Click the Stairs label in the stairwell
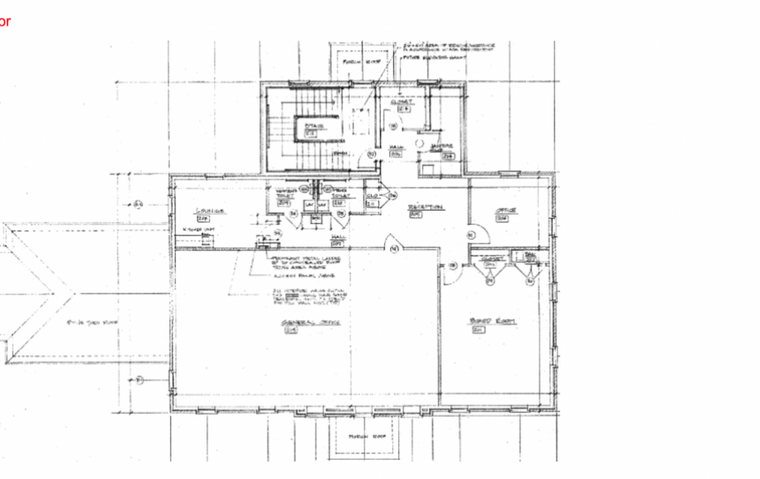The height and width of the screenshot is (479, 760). coord(311,126)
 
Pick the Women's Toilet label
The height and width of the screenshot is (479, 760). coord(285,195)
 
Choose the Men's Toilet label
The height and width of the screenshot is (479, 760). coord(340,195)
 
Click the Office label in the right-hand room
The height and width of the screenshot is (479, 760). coord(506,211)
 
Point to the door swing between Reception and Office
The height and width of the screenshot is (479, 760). coord(474,235)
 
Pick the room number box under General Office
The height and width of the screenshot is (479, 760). coord(290,330)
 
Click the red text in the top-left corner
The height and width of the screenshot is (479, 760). coord(5,22)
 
